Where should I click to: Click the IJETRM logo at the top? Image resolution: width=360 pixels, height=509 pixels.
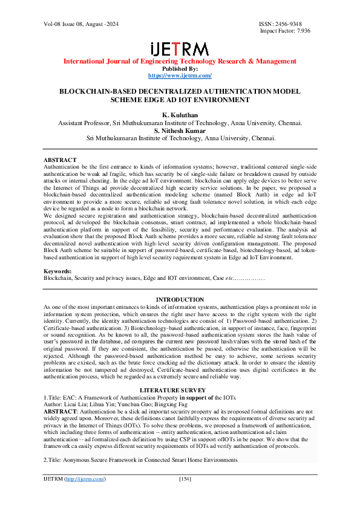tap(180, 49)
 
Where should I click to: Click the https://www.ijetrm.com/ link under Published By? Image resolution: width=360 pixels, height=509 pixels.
tap(180, 76)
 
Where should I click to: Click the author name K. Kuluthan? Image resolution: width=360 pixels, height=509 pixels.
tap(180, 114)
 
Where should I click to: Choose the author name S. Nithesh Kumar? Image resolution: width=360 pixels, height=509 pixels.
tap(180, 130)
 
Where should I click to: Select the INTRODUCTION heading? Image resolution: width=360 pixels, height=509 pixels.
tap(180, 300)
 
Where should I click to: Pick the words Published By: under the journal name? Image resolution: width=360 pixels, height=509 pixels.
tap(180, 69)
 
